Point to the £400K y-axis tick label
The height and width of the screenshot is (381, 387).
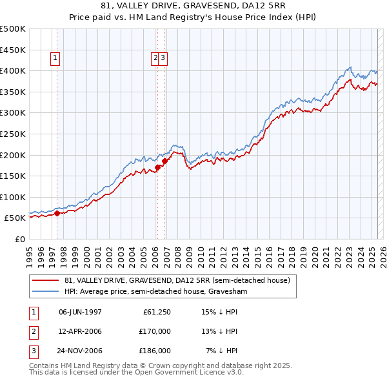tap(12, 70)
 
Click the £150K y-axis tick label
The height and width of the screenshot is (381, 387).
tap(12, 176)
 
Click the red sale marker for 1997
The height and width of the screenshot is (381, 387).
tap(57, 213)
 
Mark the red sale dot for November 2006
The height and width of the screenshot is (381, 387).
tap(165, 161)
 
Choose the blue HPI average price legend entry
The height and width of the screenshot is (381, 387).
tap(155, 292)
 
